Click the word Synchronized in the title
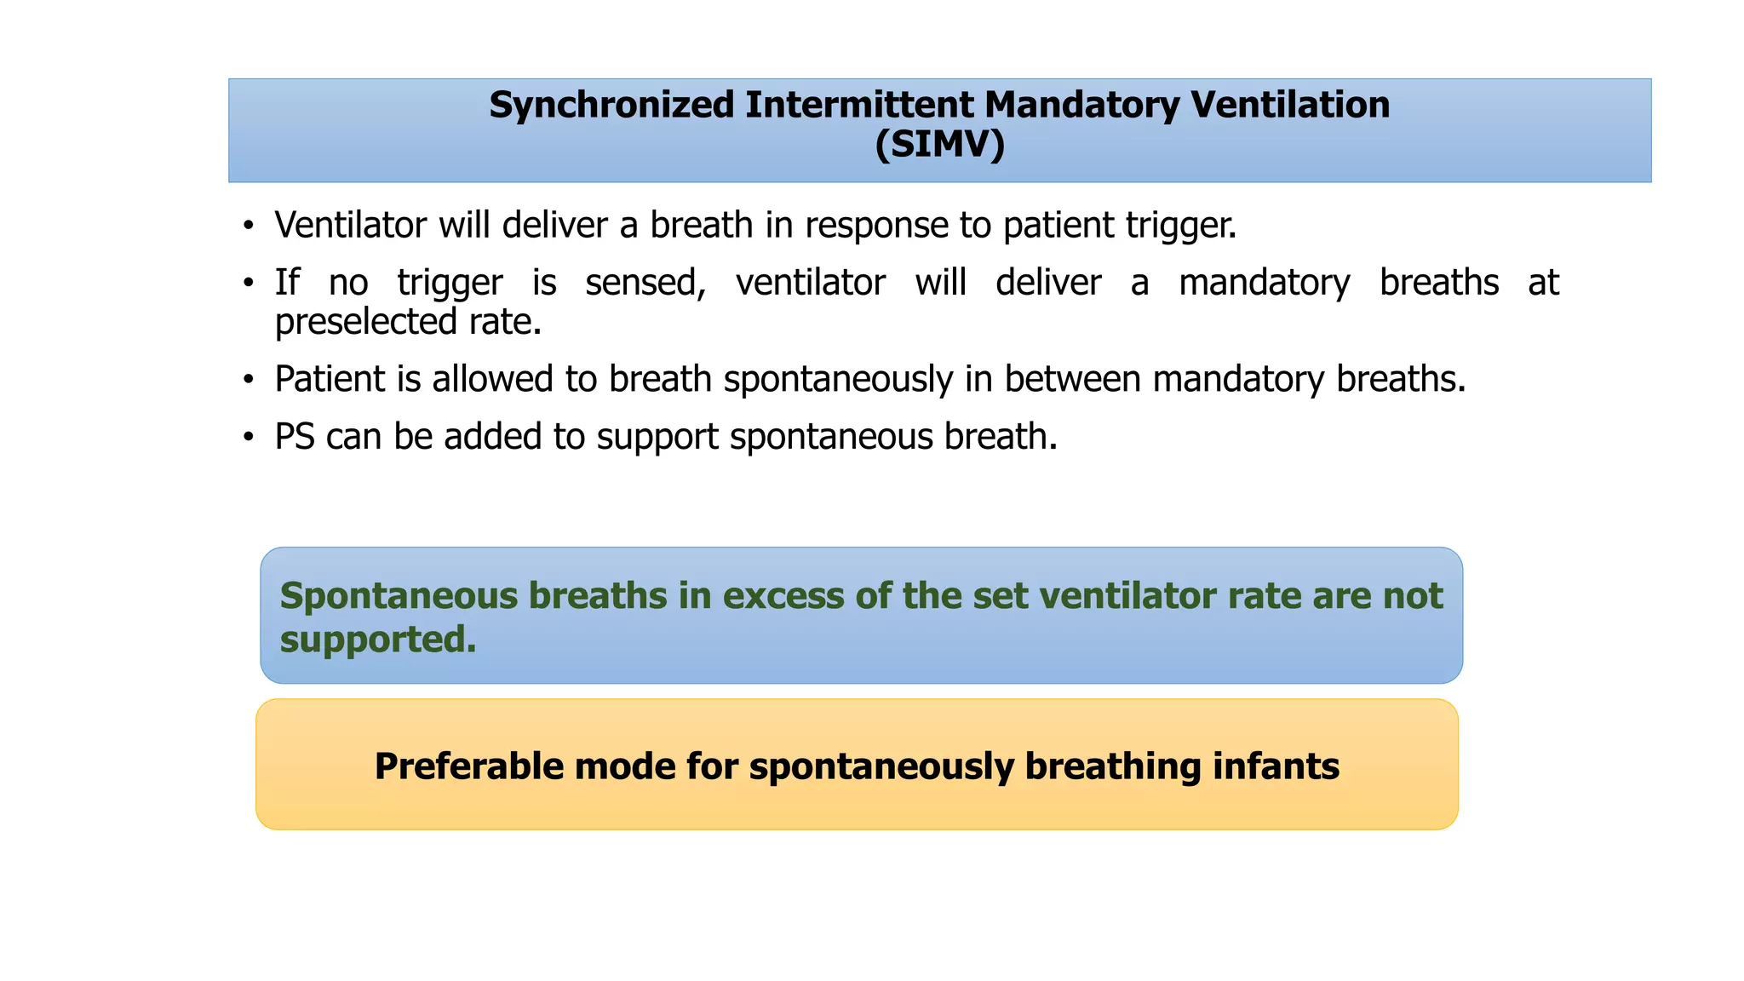pyautogui.click(x=611, y=106)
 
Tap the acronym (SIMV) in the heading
pyautogui.click(x=939, y=145)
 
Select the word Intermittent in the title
pyautogui.click(x=859, y=106)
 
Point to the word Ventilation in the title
pyautogui.click(x=1289, y=106)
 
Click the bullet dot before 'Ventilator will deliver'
pyautogui.click(x=248, y=227)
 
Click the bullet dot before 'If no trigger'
pyautogui.click(x=248, y=284)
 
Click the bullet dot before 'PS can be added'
pyautogui.click(x=248, y=438)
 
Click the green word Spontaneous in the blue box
pyautogui.click(x=399, y=596)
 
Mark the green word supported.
pyautogui.click(x=378, y=640)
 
